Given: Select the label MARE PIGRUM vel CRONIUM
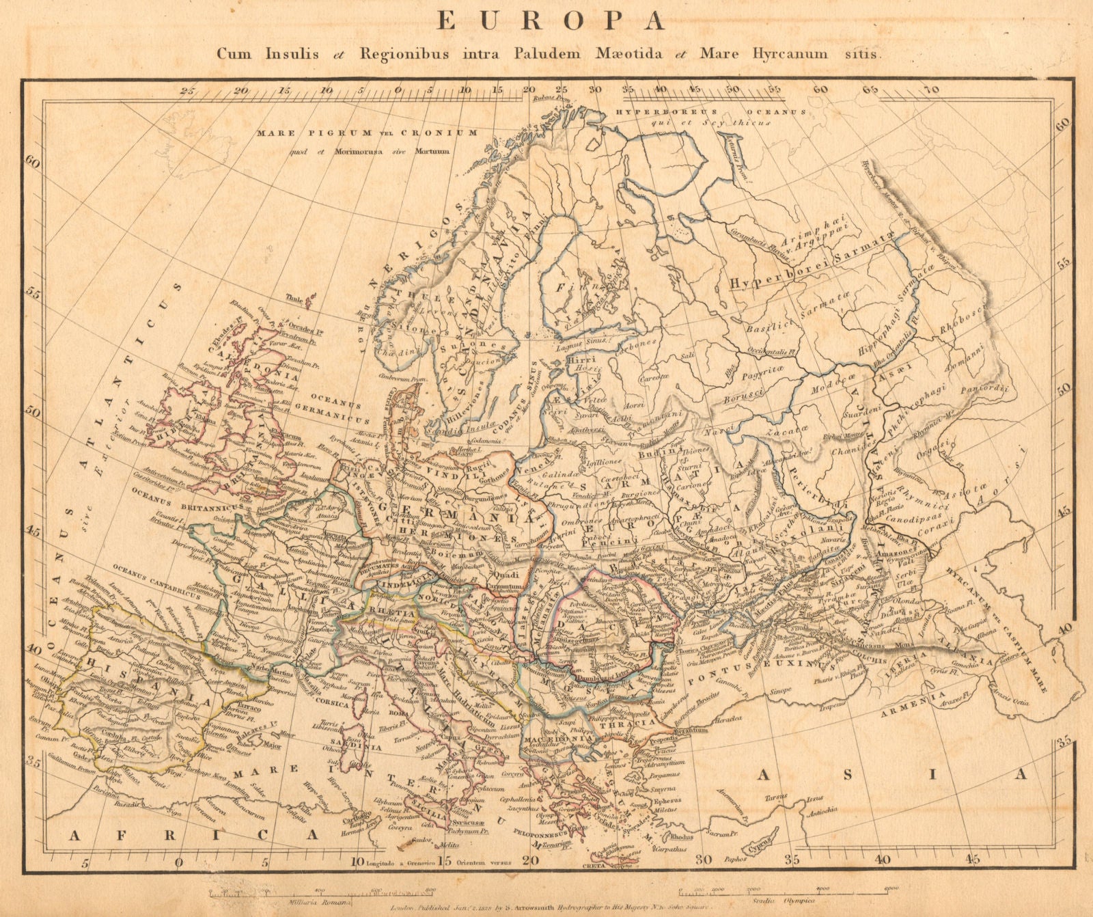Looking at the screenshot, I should coord(367,133).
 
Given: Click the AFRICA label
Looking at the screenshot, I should coord(194,834).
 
